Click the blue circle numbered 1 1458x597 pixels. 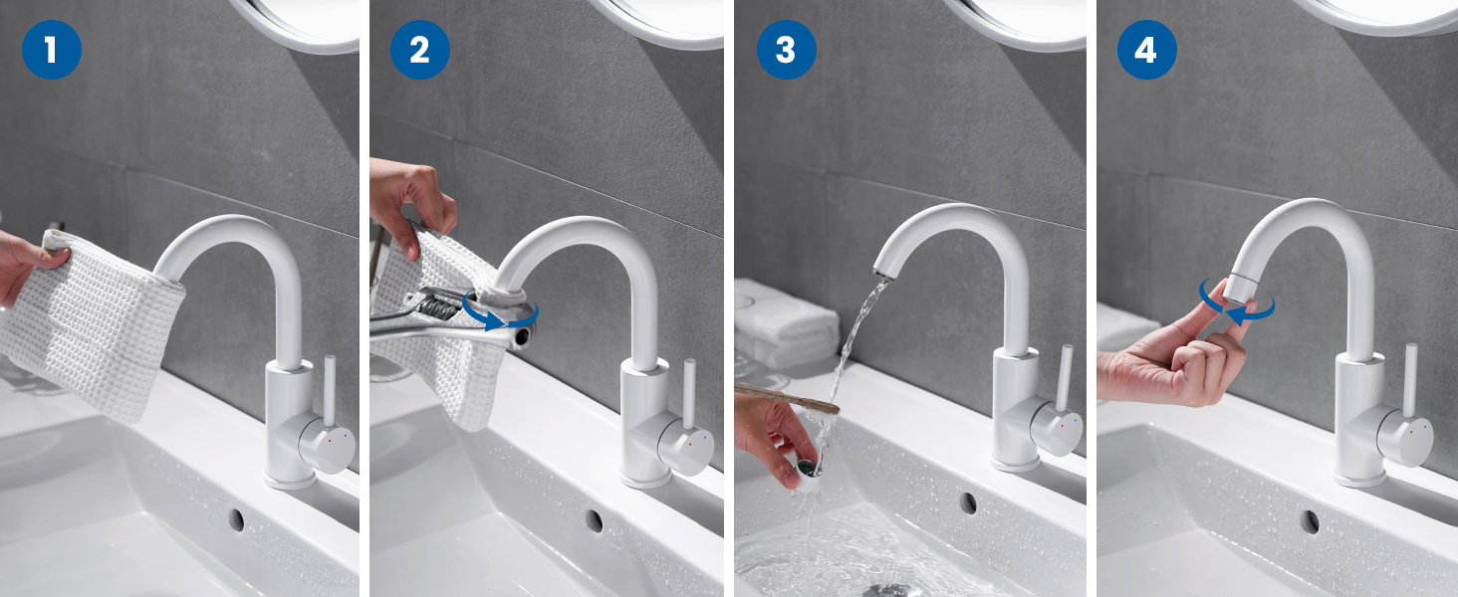pos(52,50)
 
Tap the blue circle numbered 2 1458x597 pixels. pos(420,50)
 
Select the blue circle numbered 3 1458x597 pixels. pos(787,50)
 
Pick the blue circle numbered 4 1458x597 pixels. pos(1147,50)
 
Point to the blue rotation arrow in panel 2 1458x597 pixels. pos(500,312)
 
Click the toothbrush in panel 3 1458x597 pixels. pos(788,397)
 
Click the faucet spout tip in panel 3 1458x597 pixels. pos(882,271)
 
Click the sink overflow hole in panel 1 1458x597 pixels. pos(237,519)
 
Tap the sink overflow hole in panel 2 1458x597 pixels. pos(595,520)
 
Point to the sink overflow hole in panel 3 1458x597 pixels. pos(969,502)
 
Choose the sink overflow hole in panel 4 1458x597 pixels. pos(1311,521)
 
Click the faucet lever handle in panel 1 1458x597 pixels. pos(330,390)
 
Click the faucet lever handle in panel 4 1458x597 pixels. pos(1410,380)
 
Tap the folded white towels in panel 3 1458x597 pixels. pos(787,322)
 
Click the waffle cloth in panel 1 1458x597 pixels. pos(92,325)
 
